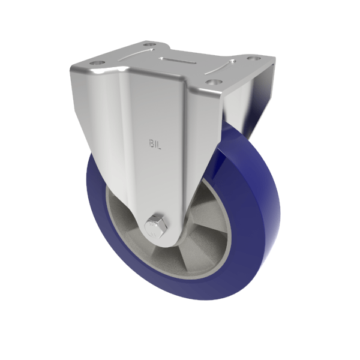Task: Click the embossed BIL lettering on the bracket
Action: (x=155, y=143)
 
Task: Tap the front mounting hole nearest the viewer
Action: (x=211, y=82)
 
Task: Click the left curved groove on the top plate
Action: (x=130, y=53)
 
